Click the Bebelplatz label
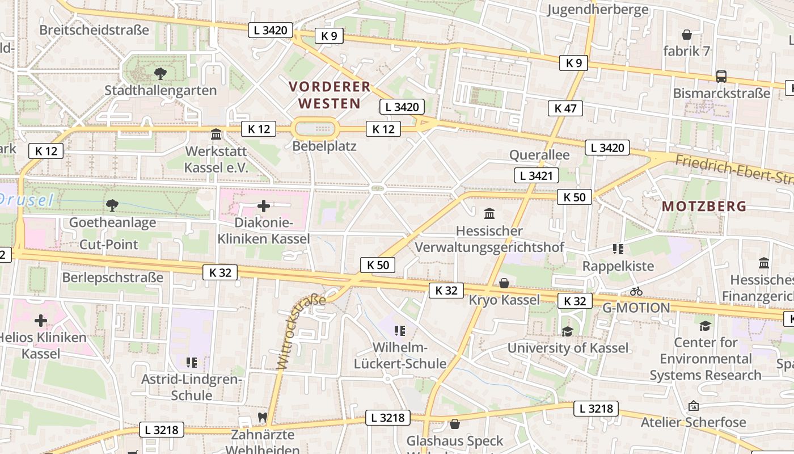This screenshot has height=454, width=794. pyautogui.click(x=324, y=146)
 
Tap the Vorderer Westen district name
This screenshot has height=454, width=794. pyautogui.click(x=330, y=95)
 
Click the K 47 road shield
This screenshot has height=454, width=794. pyautogui.click(x=565, y=108)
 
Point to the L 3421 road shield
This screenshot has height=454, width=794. pyautogui.click(x=537, y=176)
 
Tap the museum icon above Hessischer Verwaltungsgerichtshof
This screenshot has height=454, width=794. pyautogui.click(x=489, y=214)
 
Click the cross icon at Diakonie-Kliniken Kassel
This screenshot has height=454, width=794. pyautogui.click(x=264, y=206)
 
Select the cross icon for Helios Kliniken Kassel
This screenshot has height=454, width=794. pyautogui.click(x=41, y=321)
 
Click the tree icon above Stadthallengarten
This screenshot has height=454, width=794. pyautogui.click(x=161, y=73)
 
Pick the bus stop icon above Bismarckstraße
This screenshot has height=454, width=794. pyautogui.click(x=721, y=76)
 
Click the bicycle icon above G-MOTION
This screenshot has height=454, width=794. pyautogui.click(x=636, y=291)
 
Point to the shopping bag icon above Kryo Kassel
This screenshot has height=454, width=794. pyautogui.click(x=504, y=283)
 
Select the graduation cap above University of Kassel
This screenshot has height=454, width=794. pyautogui.click(x=567, y=331)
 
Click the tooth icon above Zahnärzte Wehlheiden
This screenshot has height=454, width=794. pyautogui.click(x=262, y=417)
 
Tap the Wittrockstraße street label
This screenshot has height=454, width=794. pyautogui.click(x=300, y=331)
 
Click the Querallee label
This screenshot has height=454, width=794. pyautogui.click(x=539, y=155)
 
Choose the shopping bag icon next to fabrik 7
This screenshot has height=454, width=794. pyautogui.click(x=687, y=35)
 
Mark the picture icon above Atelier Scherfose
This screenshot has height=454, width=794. pyautogui.click(x=692, y=406)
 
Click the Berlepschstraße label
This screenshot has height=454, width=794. pyautogui.click(x=112, y=278)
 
